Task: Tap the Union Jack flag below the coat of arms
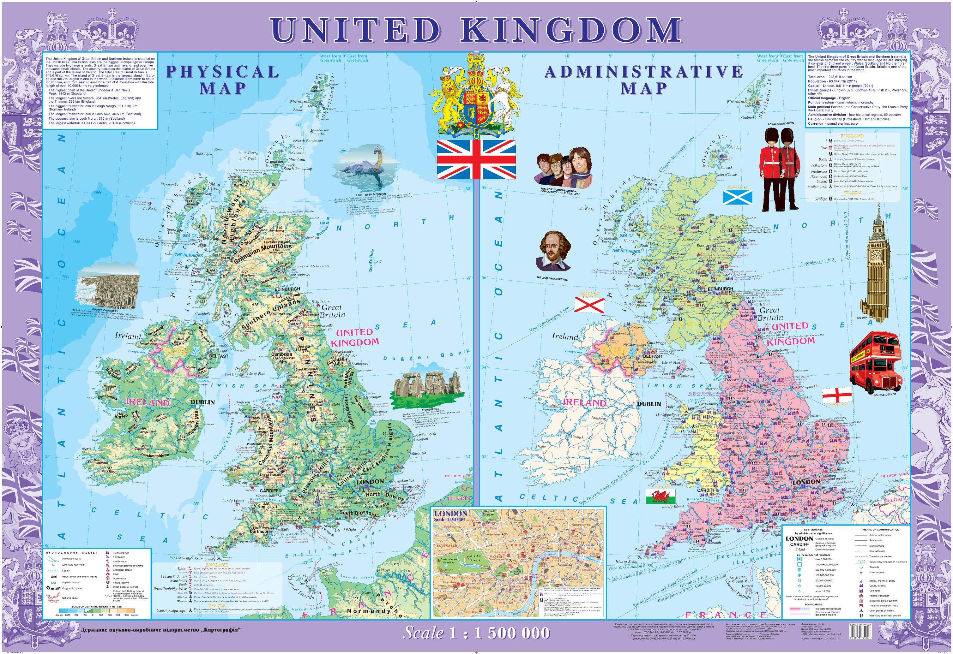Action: pos(476,159)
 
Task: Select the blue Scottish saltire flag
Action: pos(737,197)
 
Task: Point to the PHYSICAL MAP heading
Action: pos(222,80)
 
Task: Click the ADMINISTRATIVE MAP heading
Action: pos(643,80)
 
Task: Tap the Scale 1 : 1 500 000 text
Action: pos(476,632)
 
